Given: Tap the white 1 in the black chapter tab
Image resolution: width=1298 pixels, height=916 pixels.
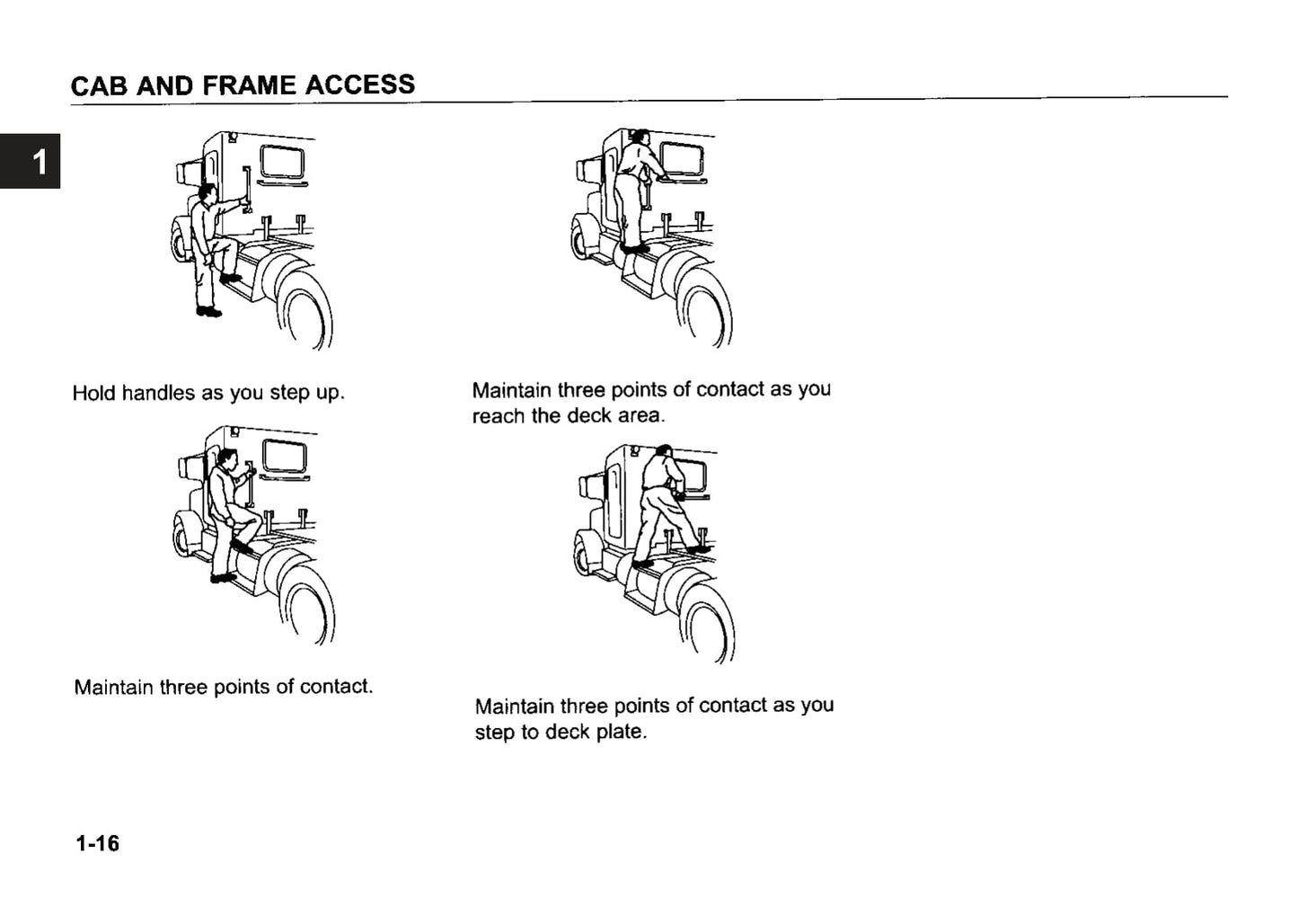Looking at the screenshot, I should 39,163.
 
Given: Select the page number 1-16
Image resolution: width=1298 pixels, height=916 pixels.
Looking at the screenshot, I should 97,843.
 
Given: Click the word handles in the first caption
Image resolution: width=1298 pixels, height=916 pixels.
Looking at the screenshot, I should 158,393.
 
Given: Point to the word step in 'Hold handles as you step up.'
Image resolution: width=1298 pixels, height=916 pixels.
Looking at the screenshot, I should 288,393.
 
